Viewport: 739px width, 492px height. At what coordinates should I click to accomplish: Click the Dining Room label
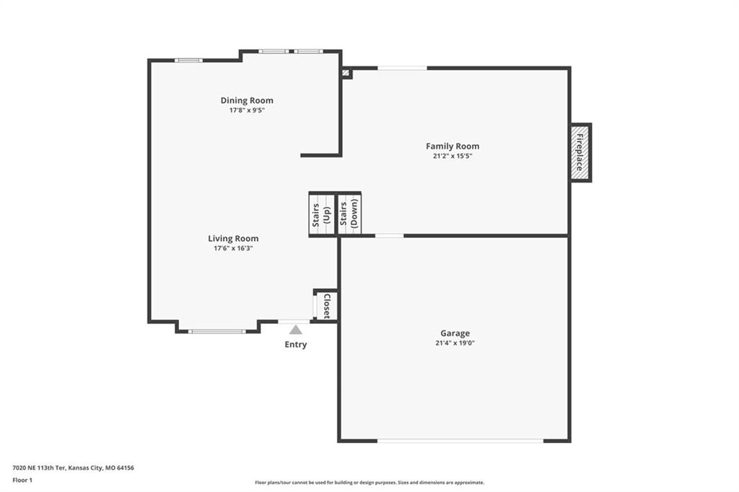247,100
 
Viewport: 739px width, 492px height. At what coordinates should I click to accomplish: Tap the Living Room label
233,239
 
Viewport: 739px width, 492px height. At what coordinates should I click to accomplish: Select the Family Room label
452,146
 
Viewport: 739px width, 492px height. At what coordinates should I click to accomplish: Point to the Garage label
455,333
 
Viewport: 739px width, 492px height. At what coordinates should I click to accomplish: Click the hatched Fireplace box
581,153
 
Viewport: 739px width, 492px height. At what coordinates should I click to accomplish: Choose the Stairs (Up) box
322,214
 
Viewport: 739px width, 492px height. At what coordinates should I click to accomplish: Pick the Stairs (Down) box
349,214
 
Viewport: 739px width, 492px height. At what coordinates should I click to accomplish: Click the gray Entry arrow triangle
295,330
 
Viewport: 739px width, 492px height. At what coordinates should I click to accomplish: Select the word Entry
295,345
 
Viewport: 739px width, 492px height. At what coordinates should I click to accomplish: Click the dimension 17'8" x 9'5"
247,110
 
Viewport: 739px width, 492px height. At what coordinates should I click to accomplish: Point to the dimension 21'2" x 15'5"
452,156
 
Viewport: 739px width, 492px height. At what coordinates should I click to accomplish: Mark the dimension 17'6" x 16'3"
233,248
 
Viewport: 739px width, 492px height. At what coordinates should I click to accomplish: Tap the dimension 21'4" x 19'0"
455,343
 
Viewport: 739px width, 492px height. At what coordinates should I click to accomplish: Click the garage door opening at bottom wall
460,441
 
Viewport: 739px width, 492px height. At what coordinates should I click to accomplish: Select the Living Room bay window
217,331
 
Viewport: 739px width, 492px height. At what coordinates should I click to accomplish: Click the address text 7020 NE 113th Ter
39,468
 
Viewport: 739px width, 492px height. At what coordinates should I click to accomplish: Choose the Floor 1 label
22,480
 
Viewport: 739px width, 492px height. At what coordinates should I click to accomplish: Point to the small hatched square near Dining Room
346,73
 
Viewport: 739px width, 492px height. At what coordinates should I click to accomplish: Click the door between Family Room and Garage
389,235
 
